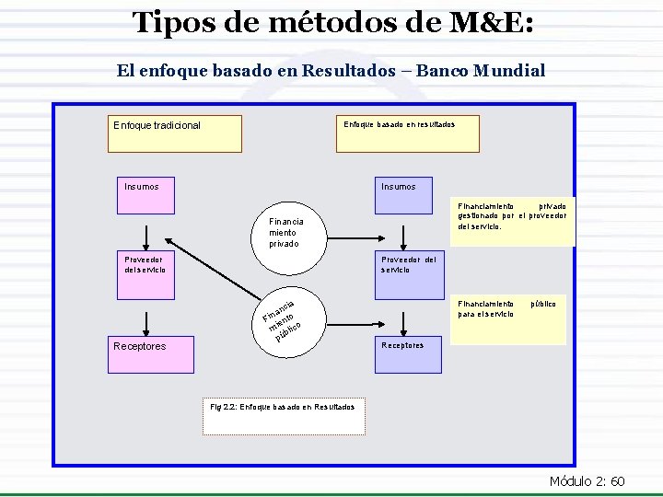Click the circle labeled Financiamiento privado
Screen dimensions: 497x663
286,232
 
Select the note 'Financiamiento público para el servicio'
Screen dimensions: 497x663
512,308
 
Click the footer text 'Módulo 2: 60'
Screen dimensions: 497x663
587,481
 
